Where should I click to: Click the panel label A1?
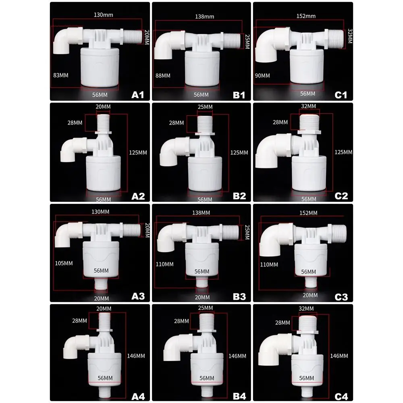pos(138,95)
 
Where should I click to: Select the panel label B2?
pos(239,196)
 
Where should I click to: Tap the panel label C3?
pos(341,296)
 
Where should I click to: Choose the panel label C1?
pos(341,95)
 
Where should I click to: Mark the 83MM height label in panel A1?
pos(60,75)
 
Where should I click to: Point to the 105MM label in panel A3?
pos(64,263)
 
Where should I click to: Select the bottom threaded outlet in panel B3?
pos(202,287)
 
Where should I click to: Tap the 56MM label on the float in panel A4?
pos(104,378)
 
